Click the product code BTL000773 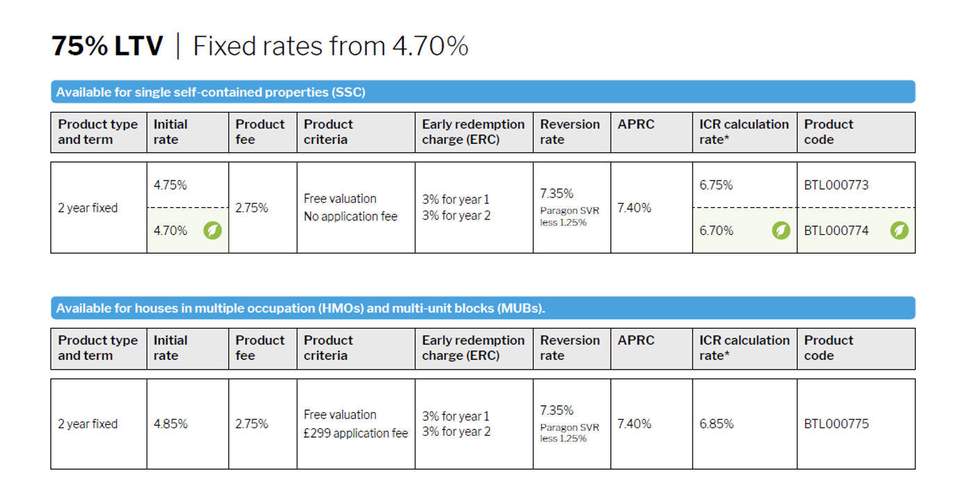836,186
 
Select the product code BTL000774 836,231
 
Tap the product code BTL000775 836,424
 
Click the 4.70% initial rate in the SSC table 170,231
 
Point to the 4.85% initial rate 171,424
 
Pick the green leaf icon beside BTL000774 899,231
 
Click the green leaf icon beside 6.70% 781,231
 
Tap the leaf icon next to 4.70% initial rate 213,231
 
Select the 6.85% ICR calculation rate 716,424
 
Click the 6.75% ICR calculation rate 716,186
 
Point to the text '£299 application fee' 356,433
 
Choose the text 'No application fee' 350,217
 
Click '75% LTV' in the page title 107,46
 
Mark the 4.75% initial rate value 170,186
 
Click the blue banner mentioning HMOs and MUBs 483,308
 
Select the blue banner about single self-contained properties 483,92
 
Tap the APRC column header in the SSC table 636,124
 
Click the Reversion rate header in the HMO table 570,347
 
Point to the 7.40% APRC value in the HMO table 634,424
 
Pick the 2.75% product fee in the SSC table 252,208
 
